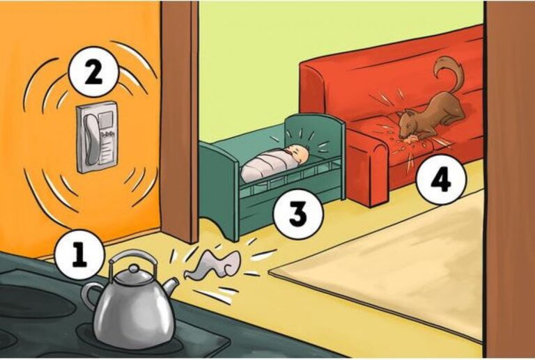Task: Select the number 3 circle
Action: coord(298,214)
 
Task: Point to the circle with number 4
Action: coord(441,180)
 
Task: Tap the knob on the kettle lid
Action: coord(134,269)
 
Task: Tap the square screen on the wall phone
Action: coord(106,119)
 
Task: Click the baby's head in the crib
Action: coord(298,155)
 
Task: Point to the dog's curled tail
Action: coord(450,73)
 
